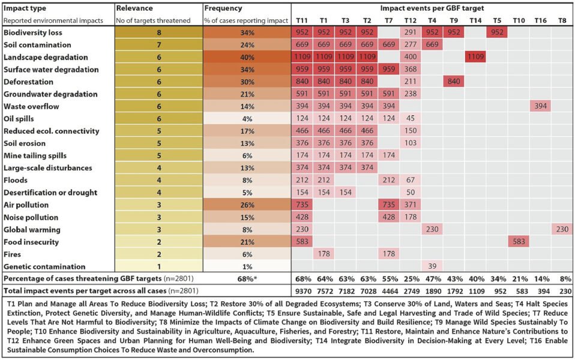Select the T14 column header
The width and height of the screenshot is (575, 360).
click(475, 20)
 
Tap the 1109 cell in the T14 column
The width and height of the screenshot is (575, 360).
click(475, 57)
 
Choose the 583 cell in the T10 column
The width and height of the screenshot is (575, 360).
click(519, 242)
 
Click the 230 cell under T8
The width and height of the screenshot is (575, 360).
click(562, 229)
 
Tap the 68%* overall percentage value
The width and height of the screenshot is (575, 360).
click(248, 278)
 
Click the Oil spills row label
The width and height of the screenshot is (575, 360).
click(19, 119)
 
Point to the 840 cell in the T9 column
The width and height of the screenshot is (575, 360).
click(454, 82)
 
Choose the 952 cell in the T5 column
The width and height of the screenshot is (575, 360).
click(498, 32)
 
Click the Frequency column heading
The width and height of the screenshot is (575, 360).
click(223, 9)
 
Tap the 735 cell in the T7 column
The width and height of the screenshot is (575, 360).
click(388, 205)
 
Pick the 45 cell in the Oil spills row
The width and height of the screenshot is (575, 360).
click(411, 119)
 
